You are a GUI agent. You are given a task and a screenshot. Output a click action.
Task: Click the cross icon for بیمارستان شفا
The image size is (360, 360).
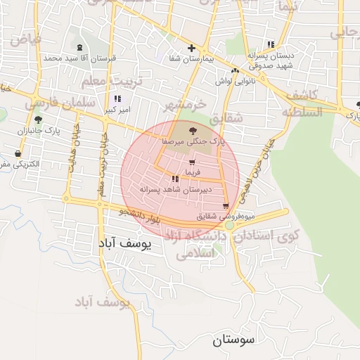191,48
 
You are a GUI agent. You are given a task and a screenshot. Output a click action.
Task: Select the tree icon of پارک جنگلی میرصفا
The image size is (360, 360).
193,131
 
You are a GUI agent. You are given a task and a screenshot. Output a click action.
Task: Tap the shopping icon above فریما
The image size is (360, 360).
192,162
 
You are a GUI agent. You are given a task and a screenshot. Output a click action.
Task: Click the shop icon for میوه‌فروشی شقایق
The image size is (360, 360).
225,206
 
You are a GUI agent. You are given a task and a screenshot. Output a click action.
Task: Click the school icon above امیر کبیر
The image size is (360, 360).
117,98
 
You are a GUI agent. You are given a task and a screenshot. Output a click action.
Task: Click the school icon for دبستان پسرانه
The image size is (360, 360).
271,44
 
